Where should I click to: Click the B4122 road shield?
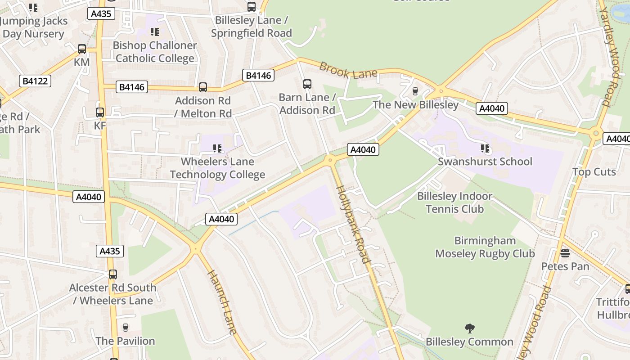[35, 81]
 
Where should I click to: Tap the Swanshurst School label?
[485, 162]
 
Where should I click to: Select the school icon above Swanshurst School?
[485, 148]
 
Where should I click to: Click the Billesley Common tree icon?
[469, 328]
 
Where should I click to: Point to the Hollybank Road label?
[354, 224]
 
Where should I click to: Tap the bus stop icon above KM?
[81, 49]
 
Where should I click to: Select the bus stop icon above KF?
[100, 112]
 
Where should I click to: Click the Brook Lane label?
[348, 71]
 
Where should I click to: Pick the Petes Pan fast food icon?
[565, 253]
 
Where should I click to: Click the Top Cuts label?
[594, 172]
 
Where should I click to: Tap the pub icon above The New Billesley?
[415, 91]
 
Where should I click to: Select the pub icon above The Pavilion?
[125, 327]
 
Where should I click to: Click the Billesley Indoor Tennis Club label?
[454, 202]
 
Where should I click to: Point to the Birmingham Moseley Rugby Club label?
[485, 247]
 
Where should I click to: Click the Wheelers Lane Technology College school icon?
[217, 148]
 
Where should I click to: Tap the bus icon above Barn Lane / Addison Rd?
[307, 84]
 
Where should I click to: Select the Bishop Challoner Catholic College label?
[154, 52]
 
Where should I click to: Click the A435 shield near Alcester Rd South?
[109, 251]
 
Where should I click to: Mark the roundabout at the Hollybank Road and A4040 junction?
[330, 159]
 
